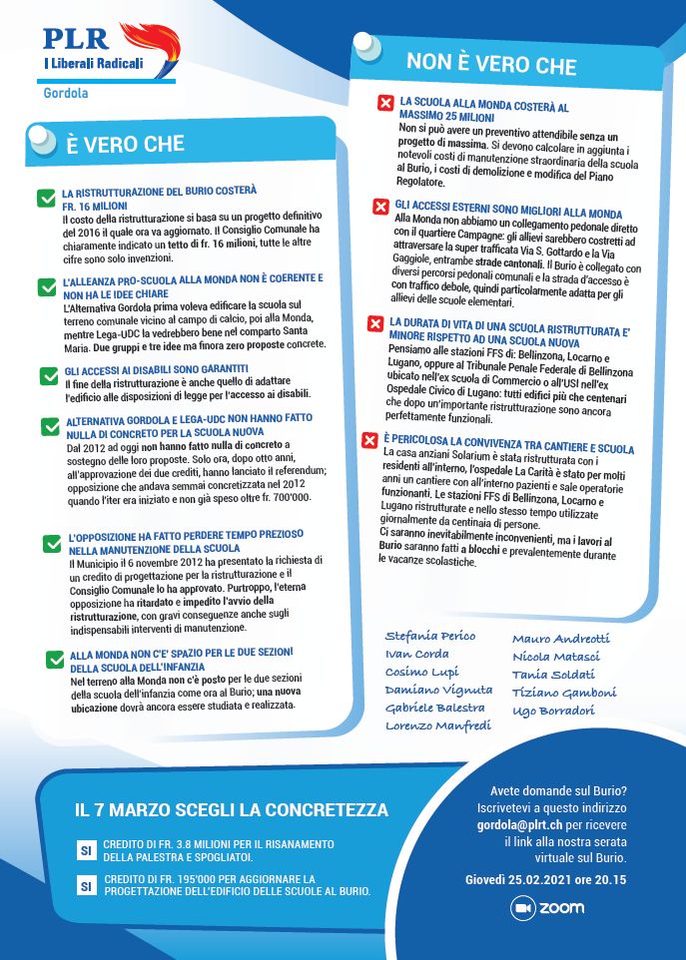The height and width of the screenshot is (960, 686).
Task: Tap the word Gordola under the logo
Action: click(x=66, y=93)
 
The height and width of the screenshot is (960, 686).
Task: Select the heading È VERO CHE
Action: click(x=125, y=145)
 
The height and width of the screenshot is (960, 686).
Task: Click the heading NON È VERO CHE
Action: click(x=490, y=64)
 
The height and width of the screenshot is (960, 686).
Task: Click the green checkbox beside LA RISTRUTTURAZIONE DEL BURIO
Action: click(x=46, y=198)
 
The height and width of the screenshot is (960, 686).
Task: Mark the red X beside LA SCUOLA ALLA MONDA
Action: click(x=384, y=103)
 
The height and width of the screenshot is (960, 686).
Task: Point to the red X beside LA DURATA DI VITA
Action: click(x=375, y=323)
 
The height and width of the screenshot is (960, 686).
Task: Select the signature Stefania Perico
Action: click(x=430, y=636)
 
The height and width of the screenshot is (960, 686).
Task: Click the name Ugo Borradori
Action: click(x=553, y=710)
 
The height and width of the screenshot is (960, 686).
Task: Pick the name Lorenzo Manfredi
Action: click(x=438, y=725)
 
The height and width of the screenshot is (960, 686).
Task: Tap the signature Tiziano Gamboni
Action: click(x=564, y=692)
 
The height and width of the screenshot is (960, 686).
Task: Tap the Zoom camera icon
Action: click(x=523, y=908)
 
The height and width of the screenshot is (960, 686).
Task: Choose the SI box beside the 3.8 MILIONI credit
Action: click(x=86, y=850)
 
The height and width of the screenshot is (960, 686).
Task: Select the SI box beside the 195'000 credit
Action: click(x=86, y=885)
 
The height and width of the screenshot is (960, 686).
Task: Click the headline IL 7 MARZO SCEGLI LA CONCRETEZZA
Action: click(x=232, y=810)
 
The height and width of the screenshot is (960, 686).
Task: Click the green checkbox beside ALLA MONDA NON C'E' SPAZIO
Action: click(x=55, y=659)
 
